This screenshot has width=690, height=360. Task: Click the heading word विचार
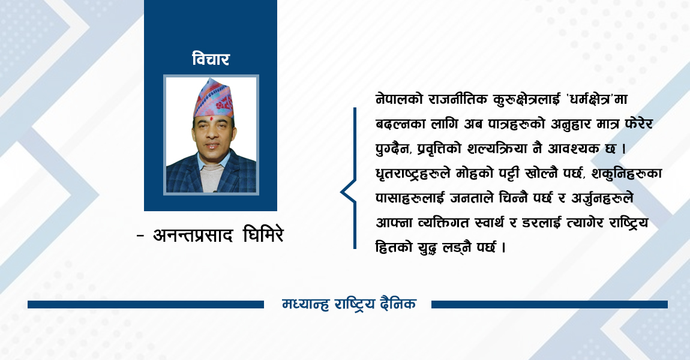211,59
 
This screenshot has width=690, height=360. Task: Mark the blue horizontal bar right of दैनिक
549,305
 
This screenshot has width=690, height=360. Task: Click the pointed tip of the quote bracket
341,193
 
